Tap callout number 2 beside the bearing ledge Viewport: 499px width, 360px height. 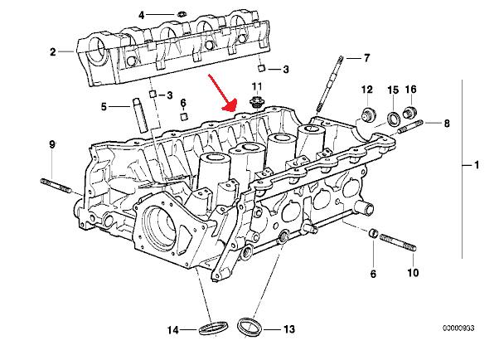click(52, 51)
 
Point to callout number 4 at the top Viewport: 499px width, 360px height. click(142, 15)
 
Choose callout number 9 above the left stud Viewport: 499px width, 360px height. click(52, 144)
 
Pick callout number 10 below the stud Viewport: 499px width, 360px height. click(414, 272)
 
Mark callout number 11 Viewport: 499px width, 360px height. click(257, 86)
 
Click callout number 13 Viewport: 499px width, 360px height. click(288, 329)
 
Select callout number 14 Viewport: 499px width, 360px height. click(172, 330)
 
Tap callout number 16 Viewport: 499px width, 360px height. click(410, 90)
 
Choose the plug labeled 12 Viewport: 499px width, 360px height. click(366, 114)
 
